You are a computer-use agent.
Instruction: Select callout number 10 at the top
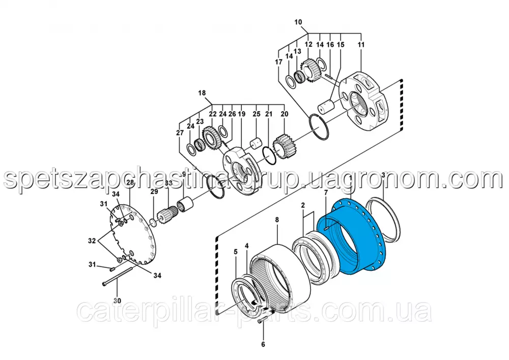298,22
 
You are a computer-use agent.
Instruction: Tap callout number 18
202,93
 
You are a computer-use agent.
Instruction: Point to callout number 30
117,300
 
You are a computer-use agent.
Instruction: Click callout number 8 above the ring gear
277,220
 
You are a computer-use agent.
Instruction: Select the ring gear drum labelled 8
282,275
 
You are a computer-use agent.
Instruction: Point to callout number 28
130,182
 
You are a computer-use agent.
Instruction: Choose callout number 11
361,45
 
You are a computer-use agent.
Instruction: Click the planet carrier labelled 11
366,102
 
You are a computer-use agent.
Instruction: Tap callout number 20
284,114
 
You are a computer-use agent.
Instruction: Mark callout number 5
235,251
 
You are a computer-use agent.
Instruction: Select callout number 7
326,192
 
